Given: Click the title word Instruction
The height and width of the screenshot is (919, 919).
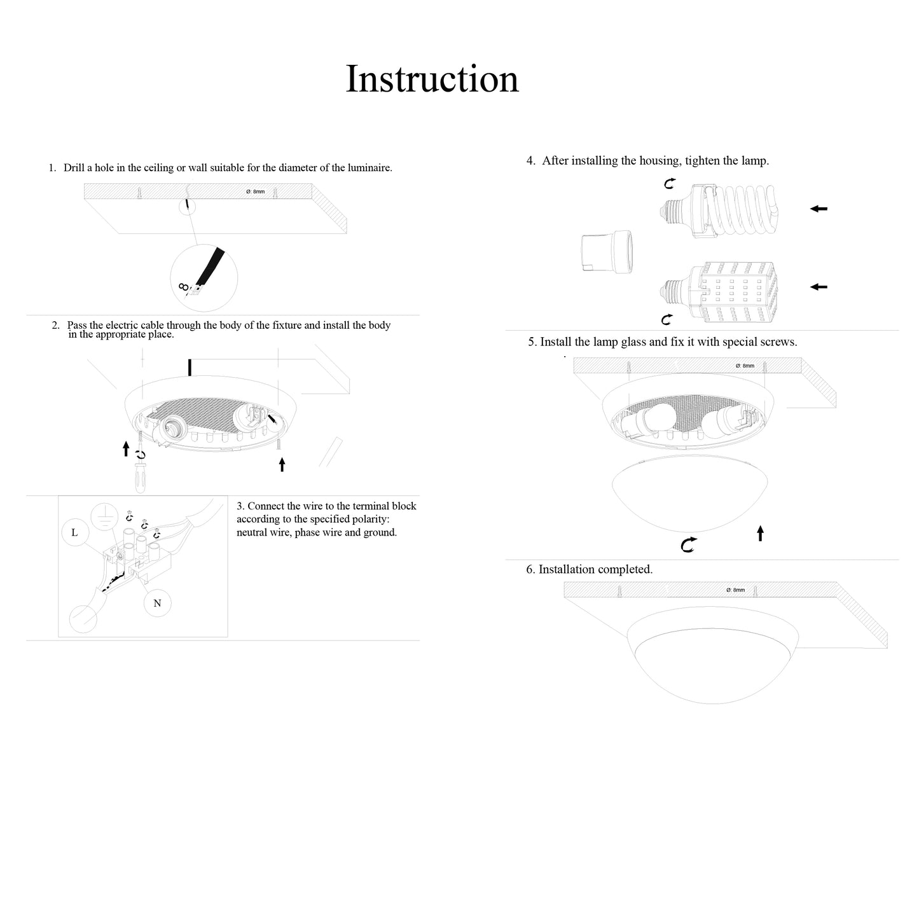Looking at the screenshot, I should [x=432, y=79].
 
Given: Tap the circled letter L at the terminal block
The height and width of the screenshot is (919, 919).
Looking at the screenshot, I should [x=75, y=532].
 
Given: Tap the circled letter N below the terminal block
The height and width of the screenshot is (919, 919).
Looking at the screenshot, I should [x=157, y=603].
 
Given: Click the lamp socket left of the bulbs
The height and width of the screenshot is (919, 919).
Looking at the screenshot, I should [x=607, y=252].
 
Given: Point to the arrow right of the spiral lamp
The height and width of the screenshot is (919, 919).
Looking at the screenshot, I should [x=819, y=209].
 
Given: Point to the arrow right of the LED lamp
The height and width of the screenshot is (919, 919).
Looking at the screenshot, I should [x=819, y=287].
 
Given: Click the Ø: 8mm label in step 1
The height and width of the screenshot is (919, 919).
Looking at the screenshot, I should [x=256, y=191].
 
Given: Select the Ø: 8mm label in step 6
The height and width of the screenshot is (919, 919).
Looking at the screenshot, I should [x=735, y=590].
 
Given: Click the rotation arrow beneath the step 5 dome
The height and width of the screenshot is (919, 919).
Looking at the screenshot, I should [x=688, y=544].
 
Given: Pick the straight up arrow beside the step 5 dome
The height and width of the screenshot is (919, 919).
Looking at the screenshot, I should [x=760, y=533].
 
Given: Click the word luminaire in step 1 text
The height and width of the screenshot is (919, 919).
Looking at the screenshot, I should [x=370, y=168].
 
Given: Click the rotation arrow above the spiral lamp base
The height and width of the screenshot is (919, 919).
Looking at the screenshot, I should [x=670, y=184].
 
